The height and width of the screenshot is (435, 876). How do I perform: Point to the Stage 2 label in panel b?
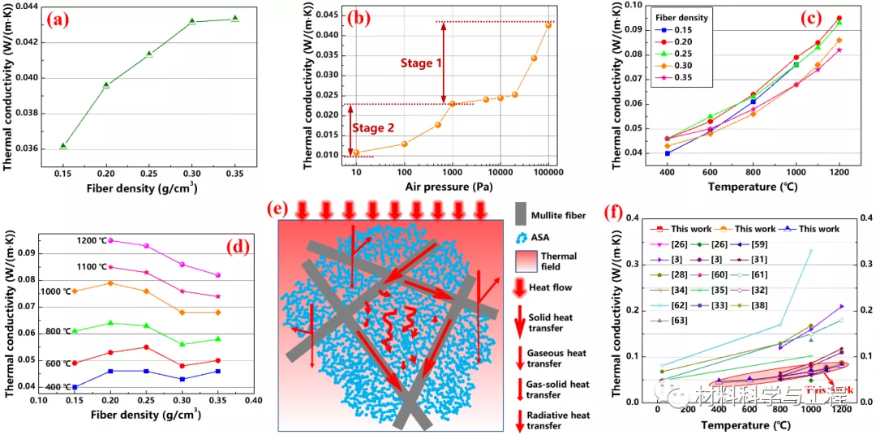pyautogui.click(x=382, y=127)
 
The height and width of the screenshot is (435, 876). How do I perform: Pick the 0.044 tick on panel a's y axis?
pyautogui.click(x=29, y=7)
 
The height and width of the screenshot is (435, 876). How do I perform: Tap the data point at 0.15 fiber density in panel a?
pyautogui.click(x=63, y=145)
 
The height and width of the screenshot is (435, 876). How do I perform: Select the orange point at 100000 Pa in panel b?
pyautogui.click(x=548, y=25)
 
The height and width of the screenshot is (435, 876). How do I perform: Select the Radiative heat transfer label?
pyautogui.click(x=559, y=420)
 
